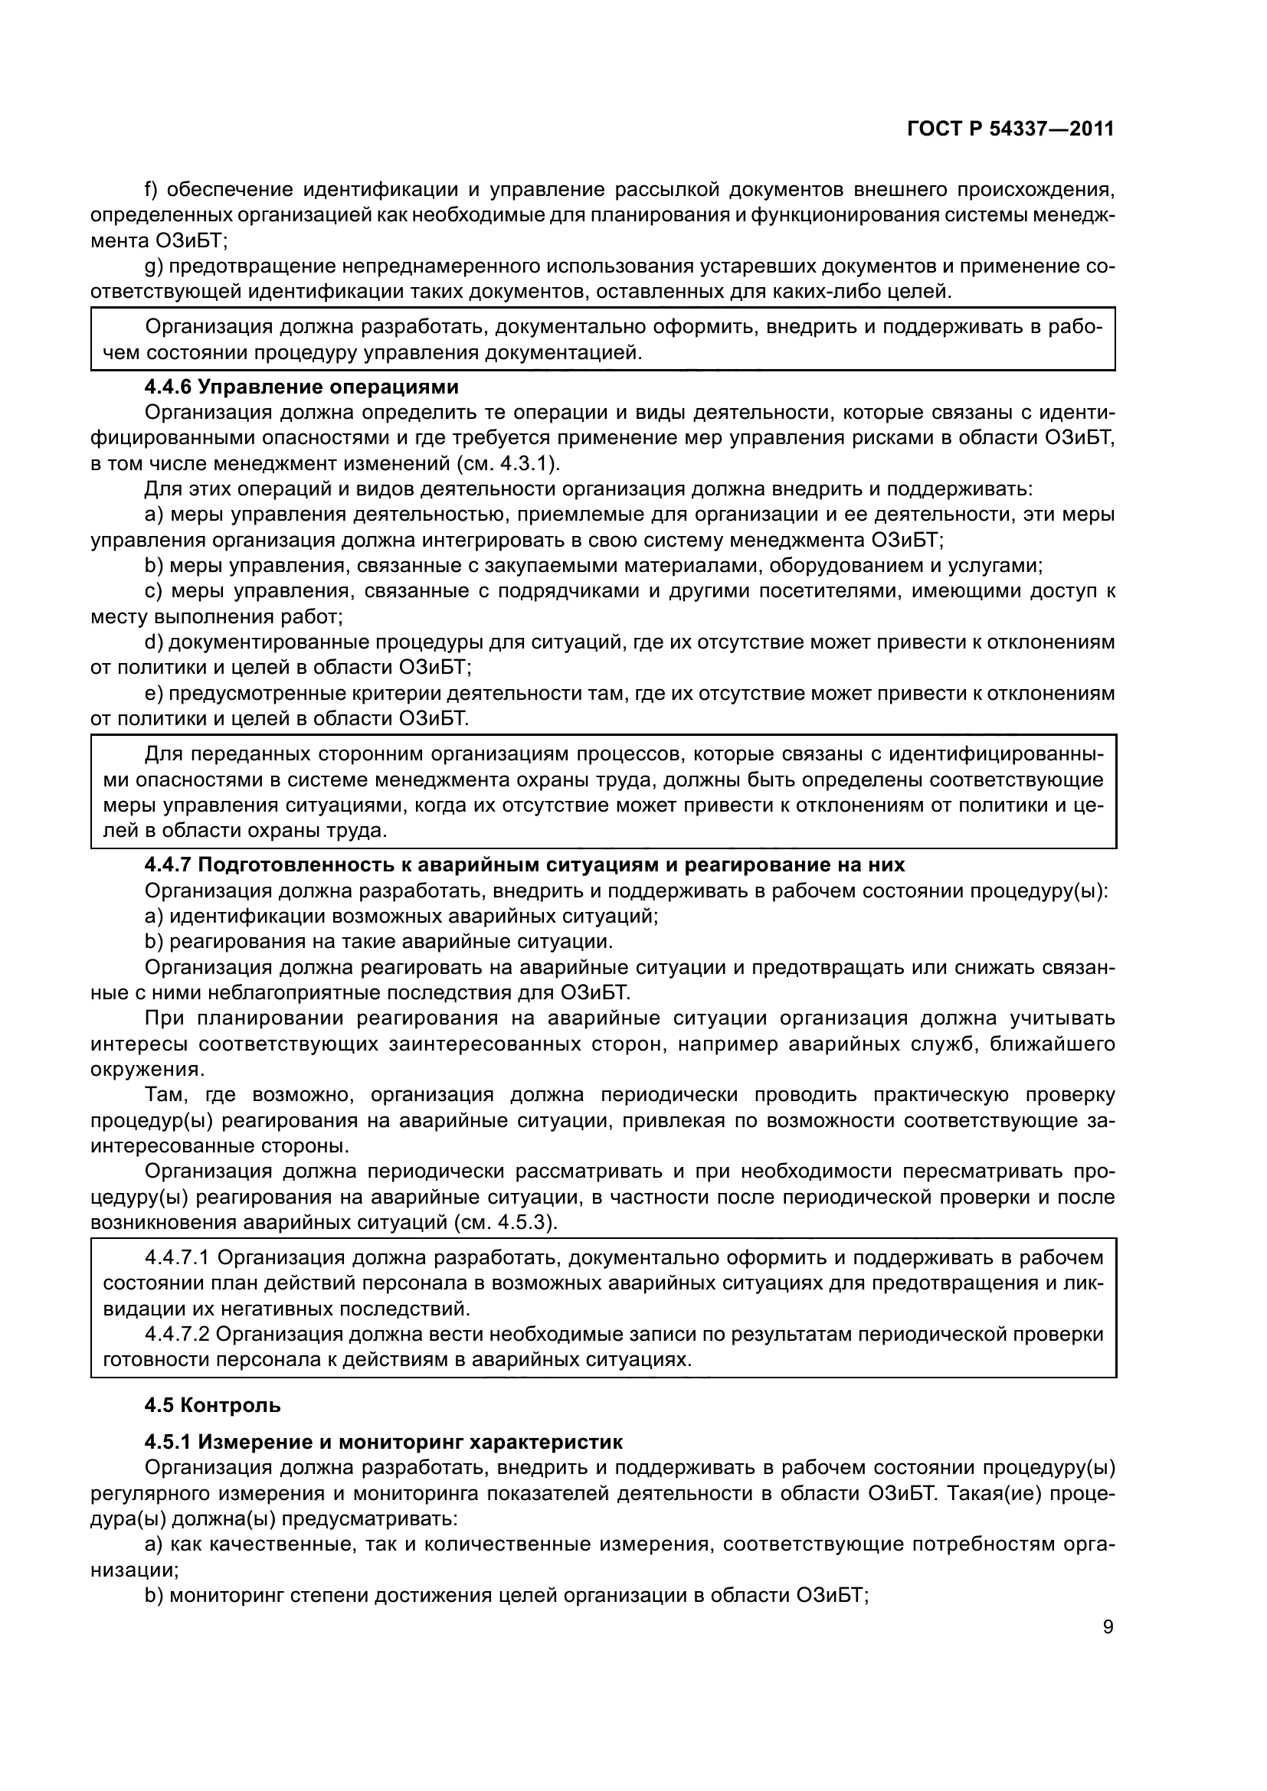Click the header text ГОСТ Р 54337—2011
tap(1010, 129)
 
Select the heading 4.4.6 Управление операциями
tap(301, 387)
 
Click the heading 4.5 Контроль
tap(212, 1406)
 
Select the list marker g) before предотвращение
tap(154, 266)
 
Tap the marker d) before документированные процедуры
tap(154, 642)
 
